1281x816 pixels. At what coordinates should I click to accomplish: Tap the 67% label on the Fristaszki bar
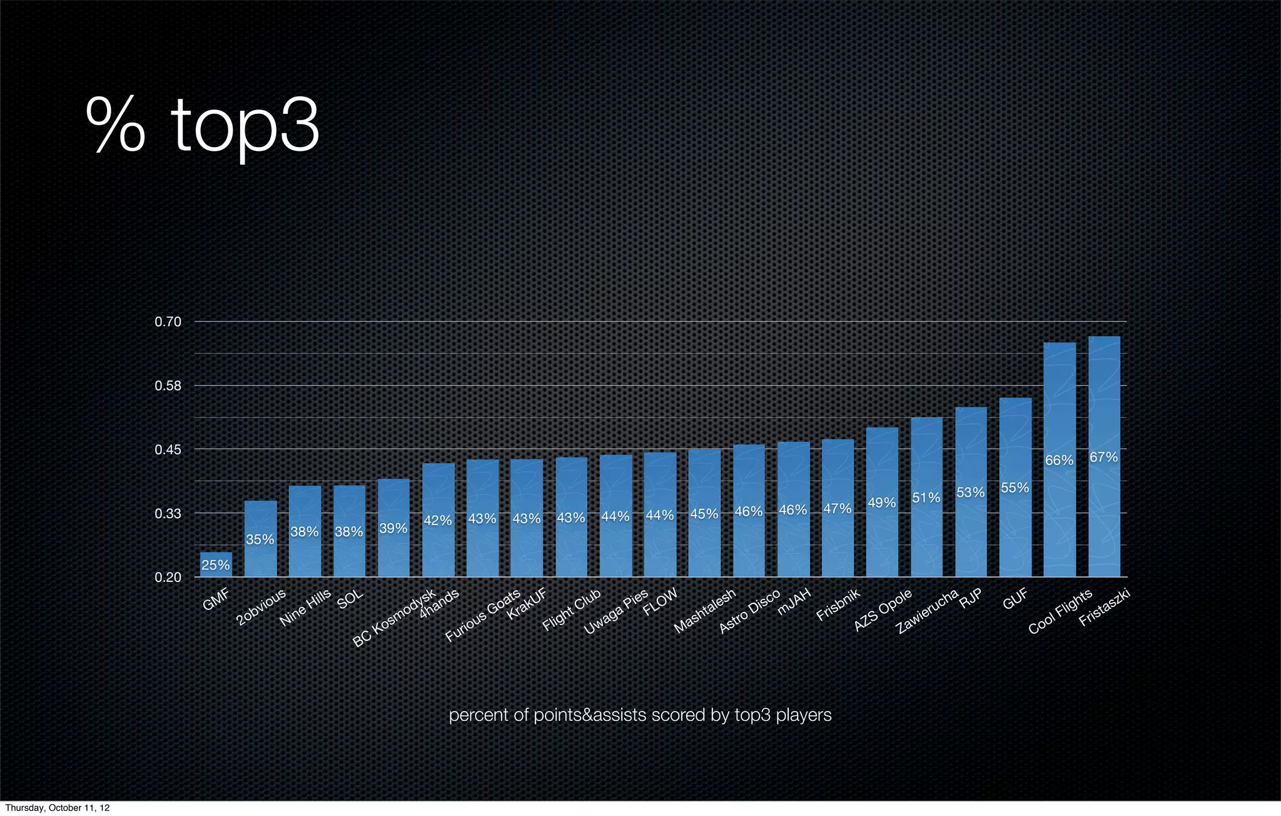pyautogui.click(x=1103, y=457)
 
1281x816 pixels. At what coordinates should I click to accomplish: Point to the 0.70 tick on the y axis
pyautogui.click(x=168, y=322)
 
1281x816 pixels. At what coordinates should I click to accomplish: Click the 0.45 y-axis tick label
pyautogui.click(x=168, y=450)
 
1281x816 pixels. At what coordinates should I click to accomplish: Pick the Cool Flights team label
pyautogui.click(x=1060, y=611)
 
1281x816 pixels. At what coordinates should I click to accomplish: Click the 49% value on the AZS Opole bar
pyautogui.click(x=882, y=502)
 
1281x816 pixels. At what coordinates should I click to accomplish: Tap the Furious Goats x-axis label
pyautogui.click(x=482, y=616)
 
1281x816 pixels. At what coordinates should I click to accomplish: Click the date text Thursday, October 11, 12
pyautogui.click(x=57, y=808)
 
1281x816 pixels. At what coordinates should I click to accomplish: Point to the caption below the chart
pyautogui.click(x=640, y=715)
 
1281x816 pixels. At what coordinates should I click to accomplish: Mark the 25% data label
pyautogui.click(x=216, y=566)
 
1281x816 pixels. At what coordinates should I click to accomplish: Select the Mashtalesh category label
pyautogui.click(x=705, y=612)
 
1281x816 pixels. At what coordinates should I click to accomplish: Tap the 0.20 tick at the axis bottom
pyautogui.click(x=168, y=578)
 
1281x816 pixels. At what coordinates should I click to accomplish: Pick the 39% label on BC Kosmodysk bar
pyautogui.click(x=393, y=529)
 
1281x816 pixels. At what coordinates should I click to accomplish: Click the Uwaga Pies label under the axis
pyautogui.click(x=616, y=612)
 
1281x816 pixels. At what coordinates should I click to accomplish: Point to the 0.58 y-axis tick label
pyautogui.click(x=168, y=386)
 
